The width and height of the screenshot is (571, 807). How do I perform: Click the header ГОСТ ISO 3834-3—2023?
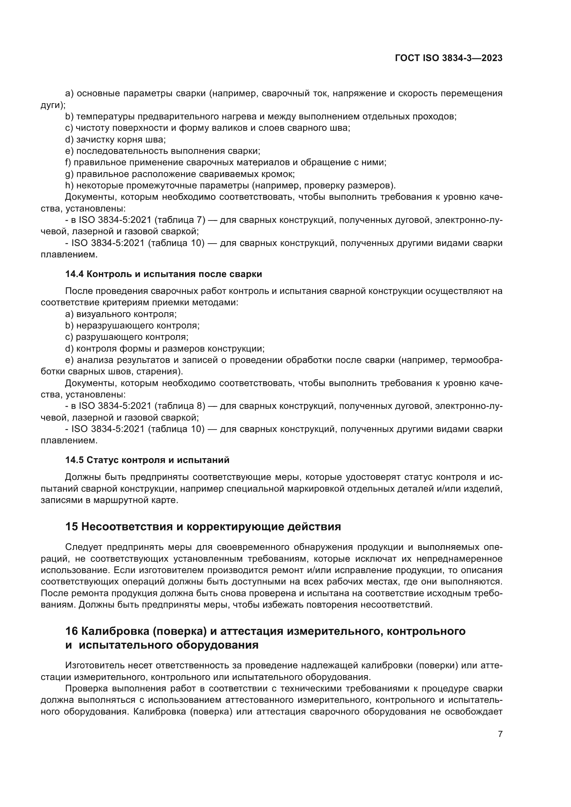pyautogui.click(x=449, y=58)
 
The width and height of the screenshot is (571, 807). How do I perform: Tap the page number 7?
pyautogui.click(x=500, y=734)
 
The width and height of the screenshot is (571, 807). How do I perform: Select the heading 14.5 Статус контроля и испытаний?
pyautogui.click(x=147, y=460)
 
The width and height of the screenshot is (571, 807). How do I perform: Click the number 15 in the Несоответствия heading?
pyautogui.click(x=71, y=526)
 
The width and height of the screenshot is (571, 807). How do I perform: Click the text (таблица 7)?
pyautogui.click(x=180, y=220)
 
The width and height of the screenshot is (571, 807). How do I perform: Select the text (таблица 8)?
pyautogui.click(x=180, y=406)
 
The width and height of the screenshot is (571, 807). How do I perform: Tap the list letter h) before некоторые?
pyautogui.click(x=69, y=186)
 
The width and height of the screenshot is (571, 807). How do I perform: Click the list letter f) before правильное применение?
pyautogui.click(x=68, y=163)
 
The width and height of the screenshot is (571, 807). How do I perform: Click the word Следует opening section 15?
pyautogui.click(x=84, y=547)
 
